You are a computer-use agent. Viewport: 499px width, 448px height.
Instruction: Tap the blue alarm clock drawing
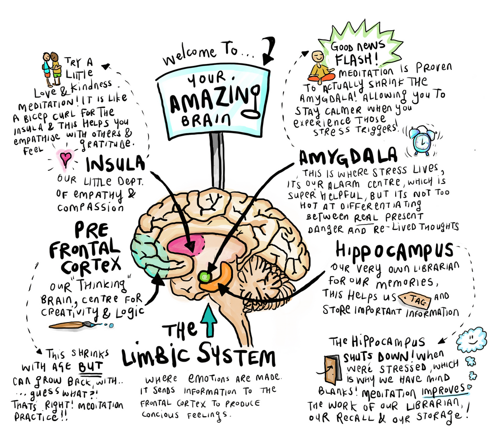(421, 141)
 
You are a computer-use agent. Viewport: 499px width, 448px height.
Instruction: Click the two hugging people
(52, 69)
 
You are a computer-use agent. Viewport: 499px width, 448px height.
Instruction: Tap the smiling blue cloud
(471, 340)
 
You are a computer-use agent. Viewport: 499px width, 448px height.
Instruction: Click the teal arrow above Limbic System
(210, 319)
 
